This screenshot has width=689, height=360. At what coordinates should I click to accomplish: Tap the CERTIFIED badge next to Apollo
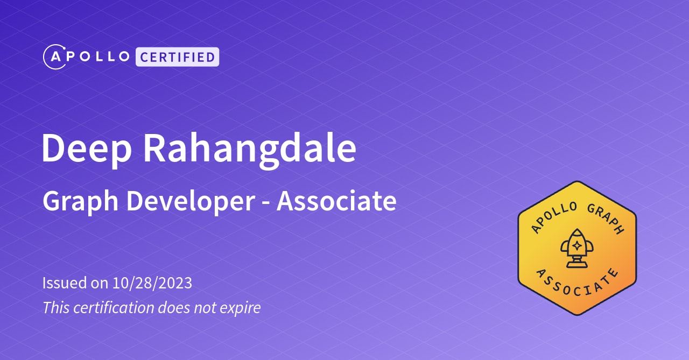(177, 57)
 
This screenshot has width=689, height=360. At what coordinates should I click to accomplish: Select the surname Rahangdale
(249, 148)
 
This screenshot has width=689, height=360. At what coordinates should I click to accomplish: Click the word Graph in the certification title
(81, 202)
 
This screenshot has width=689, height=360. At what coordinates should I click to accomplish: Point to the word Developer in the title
(190, 202)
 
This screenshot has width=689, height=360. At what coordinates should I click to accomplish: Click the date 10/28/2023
(152, 283)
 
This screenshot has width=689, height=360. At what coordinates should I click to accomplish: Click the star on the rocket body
(576, 245)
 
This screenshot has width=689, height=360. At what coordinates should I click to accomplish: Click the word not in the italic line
(201, 308)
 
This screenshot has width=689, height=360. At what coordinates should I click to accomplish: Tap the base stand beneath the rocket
(576, 264)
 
